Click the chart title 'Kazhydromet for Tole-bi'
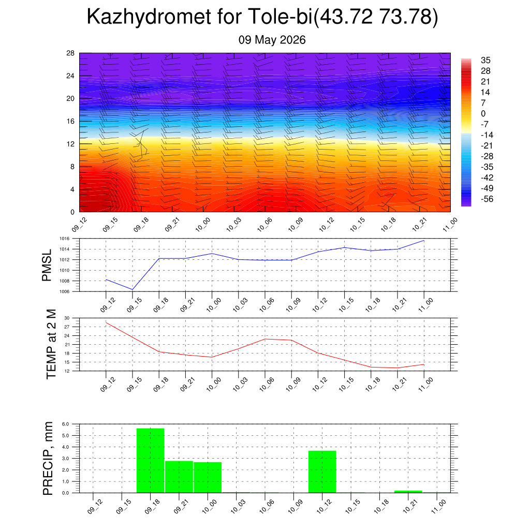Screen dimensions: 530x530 (199, 17)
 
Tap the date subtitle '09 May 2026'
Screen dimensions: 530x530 (272, 40)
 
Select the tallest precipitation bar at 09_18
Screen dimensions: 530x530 (151, 460)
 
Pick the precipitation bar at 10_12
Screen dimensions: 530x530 (322, 472)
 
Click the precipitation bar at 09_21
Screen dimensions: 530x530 (179, 477)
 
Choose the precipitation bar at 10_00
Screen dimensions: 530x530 (208, 477)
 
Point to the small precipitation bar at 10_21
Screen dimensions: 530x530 (408, 492)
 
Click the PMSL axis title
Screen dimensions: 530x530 (47, 266)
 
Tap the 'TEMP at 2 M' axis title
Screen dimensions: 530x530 (51, 344)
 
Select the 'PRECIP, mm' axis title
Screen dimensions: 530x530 (48, 459)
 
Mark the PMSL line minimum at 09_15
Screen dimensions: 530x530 (132, 289)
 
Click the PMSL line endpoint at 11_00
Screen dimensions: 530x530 (424, 241)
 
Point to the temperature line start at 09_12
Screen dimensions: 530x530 (106, 323)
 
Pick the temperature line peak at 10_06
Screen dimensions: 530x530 (265, 339)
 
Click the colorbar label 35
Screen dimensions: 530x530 (485, 60)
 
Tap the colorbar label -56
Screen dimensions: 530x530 (487, 199)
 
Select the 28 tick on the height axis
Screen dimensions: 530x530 (70, 53)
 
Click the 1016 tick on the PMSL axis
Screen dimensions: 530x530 (65, 239)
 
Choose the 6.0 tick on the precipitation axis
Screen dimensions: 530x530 (66, 424)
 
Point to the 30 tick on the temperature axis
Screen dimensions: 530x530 (67, 318)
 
